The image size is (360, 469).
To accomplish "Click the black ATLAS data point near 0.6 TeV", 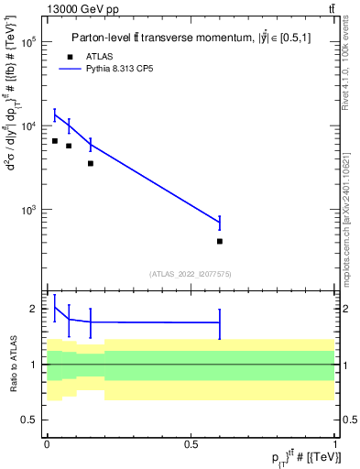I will point(220,241).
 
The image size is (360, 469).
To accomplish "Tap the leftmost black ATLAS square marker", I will point(55,141).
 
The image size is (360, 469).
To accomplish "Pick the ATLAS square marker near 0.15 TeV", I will point(91,163).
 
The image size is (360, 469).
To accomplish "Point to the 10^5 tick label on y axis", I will point(28,42).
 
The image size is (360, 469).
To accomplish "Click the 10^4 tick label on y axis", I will point(28,125).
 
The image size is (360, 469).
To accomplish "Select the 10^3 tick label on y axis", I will point(28,210).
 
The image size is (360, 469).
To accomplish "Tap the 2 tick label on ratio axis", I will point(35,309).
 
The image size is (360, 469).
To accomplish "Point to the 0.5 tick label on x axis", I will point(191,444).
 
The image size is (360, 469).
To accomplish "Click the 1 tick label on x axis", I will point(335,444).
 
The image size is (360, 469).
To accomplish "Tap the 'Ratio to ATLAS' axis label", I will point(12,364).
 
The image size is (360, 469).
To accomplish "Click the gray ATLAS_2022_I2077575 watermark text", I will point(191,273).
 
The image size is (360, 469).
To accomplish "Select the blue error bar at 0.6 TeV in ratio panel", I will point(220,322).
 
